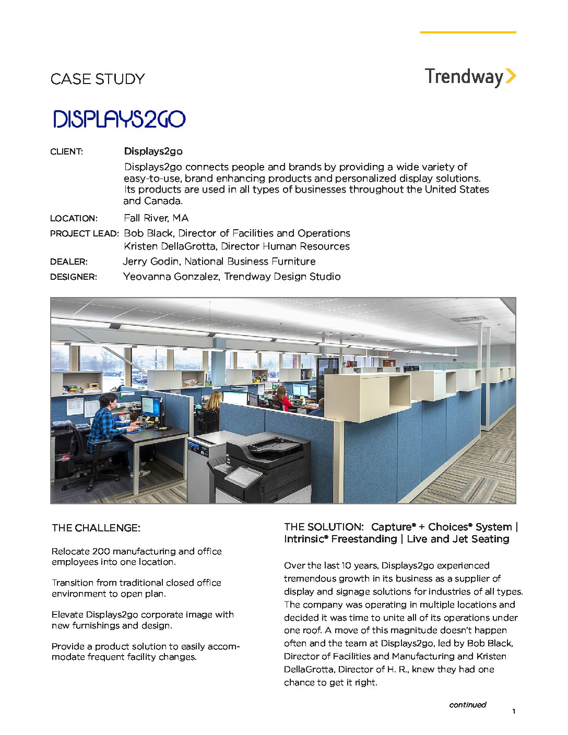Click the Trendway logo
click(470, 77)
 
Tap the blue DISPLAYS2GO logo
click(119, 119)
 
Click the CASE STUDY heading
click(98, 79)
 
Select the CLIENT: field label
click(66, 152)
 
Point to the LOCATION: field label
click(74, 218)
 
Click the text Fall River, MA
click(156, 218)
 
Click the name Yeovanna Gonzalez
click(171, 277)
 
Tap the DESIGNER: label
click(74, 277)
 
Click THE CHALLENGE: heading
click(96, 528)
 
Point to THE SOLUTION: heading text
click(323, 527)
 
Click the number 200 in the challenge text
click(101, 551)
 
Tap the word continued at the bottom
click(467, 705)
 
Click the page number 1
click(514, 712)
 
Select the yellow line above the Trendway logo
click(468, 32)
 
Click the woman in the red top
click(282, 398)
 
